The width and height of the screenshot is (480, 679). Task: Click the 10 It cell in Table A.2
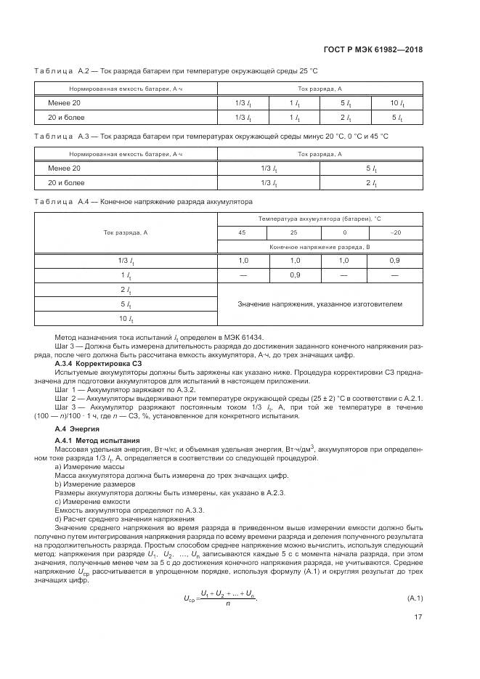coord(395,103)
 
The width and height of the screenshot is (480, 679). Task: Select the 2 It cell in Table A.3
coord(371,183)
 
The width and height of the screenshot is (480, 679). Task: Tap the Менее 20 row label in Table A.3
coord(65,168)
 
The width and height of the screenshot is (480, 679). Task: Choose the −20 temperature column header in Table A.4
coord(395,233)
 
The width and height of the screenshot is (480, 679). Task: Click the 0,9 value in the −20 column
coord(395,261)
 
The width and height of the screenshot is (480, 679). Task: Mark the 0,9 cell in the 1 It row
coord(295,275)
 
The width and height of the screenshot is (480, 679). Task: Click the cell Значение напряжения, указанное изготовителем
coord(320,304)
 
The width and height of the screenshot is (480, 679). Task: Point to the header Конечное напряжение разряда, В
coord(320,247)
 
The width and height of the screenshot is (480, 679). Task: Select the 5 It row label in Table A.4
coord(126,304)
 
